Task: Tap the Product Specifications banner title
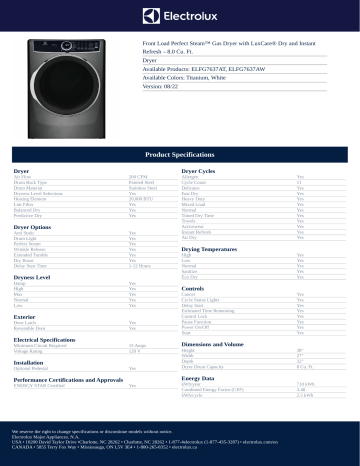click(x=180, y=156)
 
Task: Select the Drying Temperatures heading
click(x=219, y=248)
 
